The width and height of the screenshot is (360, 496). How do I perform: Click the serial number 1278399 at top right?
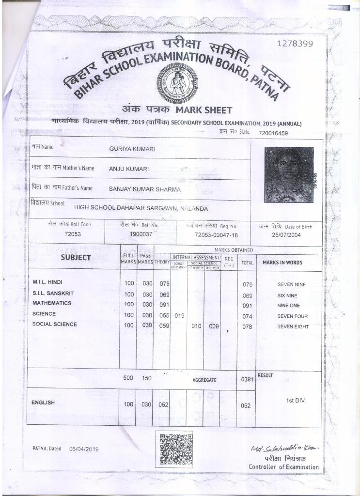coord(295,44)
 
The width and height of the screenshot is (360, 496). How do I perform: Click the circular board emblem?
coord(177,83)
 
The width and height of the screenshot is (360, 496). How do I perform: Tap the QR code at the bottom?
coord(176,449)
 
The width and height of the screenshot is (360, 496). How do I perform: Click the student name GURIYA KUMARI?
coord(132,149)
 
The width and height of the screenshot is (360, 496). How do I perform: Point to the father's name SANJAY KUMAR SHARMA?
coord(144,189)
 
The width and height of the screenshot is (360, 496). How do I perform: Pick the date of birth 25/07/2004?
coord(285,234)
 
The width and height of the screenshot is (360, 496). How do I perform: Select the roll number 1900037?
coord(141,233)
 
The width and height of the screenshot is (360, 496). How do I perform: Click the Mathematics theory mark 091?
coord(164,305)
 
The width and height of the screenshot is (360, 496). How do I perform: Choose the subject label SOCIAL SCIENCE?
coord(54,324)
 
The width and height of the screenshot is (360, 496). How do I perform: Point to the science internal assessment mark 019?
coord(179,316)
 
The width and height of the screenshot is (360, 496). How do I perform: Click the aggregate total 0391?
coord(248,380)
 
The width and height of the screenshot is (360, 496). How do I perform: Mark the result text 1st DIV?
coord(296,401)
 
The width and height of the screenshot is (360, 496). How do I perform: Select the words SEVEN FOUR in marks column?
coord(292,316)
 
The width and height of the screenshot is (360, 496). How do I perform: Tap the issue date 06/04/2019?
coord(84,449)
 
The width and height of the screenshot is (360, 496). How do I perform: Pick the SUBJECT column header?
coord(76,258)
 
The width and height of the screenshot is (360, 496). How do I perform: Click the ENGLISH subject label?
coord(43,403)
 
